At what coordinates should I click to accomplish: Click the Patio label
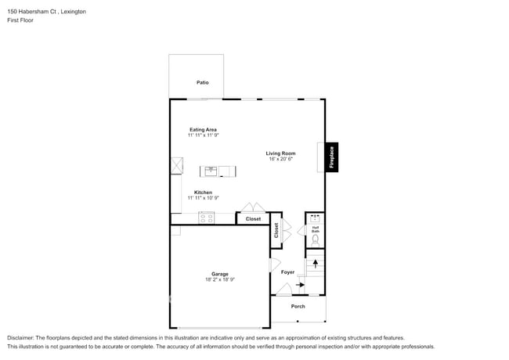pyautogui.click(x=202, y=82)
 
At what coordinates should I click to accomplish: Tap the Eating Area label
pyautogui.click(x=203, y=129)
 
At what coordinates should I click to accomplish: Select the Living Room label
pyautogui.click(x=280, y=153)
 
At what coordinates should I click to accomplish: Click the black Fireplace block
pyautogui.click(x=331, y=157)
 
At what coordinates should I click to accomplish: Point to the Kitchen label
pyautogui.click(x=203, y=193)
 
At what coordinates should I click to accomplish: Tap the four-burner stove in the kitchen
pyautogui.click(x=207, y=218)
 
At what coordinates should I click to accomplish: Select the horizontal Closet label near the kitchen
pyautogui.click(x=253, y=219)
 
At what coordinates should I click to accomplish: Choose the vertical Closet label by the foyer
pyautogui.click(x=276, y=230)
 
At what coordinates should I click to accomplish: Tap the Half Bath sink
pyautogui.click(x=316, y=218)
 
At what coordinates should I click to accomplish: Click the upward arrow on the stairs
pyautogui.click(x=316, y=263)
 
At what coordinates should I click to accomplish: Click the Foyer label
pyautogui.click(x=287, y=272)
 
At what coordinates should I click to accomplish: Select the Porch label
pyautogui.click(x=298, y=306)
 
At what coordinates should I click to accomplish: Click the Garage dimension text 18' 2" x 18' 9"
pyautogui.click(x=219, y=279)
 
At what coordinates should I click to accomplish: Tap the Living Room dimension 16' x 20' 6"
pyautogui.click(x=280, y=159)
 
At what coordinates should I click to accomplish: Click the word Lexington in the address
pyautogui.click(x=71, y=12)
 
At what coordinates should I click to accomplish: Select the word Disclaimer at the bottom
pyautogui.click(x=20, y=337)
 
